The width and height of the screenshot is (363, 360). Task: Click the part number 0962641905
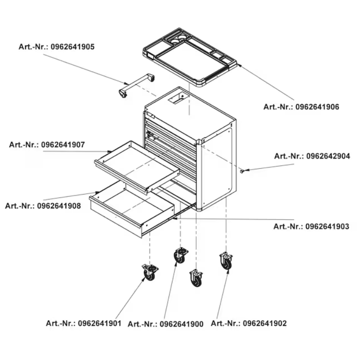(x=72, y=47)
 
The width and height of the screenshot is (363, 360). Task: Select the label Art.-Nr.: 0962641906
(x=301, y=107)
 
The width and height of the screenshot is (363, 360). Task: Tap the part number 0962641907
(x=63, y=145)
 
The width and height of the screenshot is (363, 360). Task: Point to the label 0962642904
(x=328, y=156)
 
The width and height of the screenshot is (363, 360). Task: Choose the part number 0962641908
(x=59, y=206)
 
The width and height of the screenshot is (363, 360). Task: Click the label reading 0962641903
(x=327, y=226)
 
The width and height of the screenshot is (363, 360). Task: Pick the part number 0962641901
(x=100, y=323)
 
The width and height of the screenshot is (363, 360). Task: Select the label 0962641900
(x=181, y=324)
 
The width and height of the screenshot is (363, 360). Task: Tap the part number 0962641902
(x=264, y=323)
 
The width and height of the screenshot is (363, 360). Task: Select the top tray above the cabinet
(x=190, y=57)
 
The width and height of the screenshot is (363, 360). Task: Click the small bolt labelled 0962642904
(x=242, y=171)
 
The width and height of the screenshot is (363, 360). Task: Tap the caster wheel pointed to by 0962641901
(x=150, y=273)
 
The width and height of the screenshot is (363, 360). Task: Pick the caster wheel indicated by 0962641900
(x=180, y=255)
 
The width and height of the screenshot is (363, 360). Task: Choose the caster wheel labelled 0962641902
(x=226, y=261)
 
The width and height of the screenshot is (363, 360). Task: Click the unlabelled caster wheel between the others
(x=196, y=278)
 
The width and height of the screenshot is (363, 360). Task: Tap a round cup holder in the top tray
(x=175, y=41)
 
